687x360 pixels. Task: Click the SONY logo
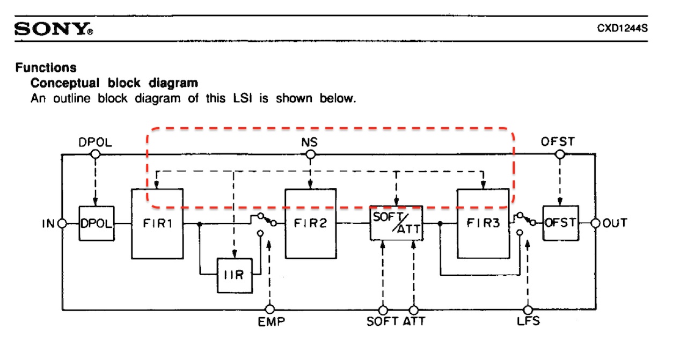pos(53,29)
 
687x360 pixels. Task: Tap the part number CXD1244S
pos(622,29)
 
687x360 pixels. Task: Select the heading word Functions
pos(46,68)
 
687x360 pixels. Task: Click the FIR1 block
pos(157,224)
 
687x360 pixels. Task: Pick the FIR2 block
pos(310,224)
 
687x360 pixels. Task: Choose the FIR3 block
pos(483,224)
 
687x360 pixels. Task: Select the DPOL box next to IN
pos(97,223)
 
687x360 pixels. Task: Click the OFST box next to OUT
pos(561,223)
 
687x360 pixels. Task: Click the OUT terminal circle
pos(595,223)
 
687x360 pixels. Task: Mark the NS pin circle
pos(310,155)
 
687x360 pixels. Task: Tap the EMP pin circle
pos(270,310)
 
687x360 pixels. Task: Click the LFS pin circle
pos(528,310)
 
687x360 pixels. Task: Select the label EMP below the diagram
pos(271,323)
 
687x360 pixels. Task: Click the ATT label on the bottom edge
pos(414,323)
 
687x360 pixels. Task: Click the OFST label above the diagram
pos(558,142)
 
